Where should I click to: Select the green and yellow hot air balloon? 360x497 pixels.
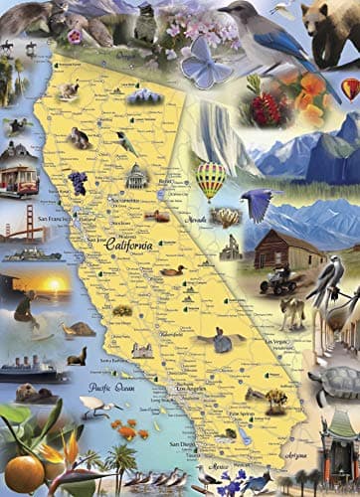[210, 179]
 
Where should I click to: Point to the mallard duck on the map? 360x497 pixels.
[174, 269]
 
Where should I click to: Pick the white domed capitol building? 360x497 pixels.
[137, 177]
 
